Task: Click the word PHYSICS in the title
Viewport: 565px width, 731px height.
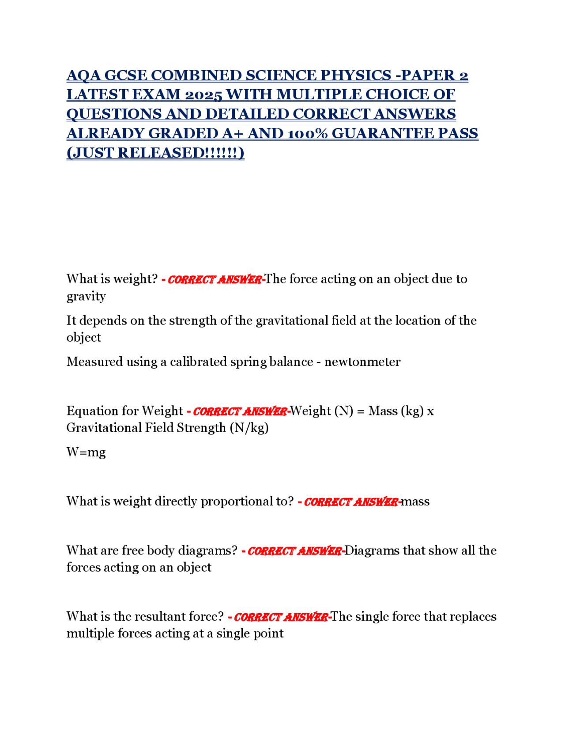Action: (355, 75)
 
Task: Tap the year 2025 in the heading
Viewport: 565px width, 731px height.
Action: (203, 95)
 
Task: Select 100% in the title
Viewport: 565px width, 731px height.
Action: (307, 133)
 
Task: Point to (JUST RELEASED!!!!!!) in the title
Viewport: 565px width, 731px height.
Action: (155, 153)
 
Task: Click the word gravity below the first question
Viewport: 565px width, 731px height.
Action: (86, 296)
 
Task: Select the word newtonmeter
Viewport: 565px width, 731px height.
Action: (362, 362)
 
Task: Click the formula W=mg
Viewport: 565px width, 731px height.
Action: (86, 452)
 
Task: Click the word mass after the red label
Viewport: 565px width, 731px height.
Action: (415, 501)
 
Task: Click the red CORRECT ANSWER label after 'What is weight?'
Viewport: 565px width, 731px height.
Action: (215, 279)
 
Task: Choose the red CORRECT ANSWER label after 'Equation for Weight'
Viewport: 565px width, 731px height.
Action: (240, 411)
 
